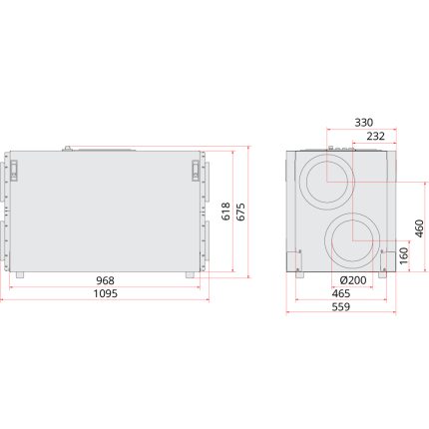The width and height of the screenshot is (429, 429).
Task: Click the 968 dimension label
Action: pos(105,280)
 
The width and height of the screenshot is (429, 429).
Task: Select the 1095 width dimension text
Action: pos(105,293)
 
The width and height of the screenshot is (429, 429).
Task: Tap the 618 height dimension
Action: pos(225,212)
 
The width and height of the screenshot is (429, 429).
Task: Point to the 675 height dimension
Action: pos(240,212)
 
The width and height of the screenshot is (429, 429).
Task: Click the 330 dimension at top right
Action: pos(363,123)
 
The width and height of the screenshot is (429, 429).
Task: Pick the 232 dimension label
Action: pos(376,136)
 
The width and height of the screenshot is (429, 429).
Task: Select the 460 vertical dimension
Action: pos(420,228)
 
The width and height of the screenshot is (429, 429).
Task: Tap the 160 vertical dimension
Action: pos(404,255)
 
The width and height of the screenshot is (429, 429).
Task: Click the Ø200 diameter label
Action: pos(353,280)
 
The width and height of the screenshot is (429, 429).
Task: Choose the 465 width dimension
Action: pos(341,293)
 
